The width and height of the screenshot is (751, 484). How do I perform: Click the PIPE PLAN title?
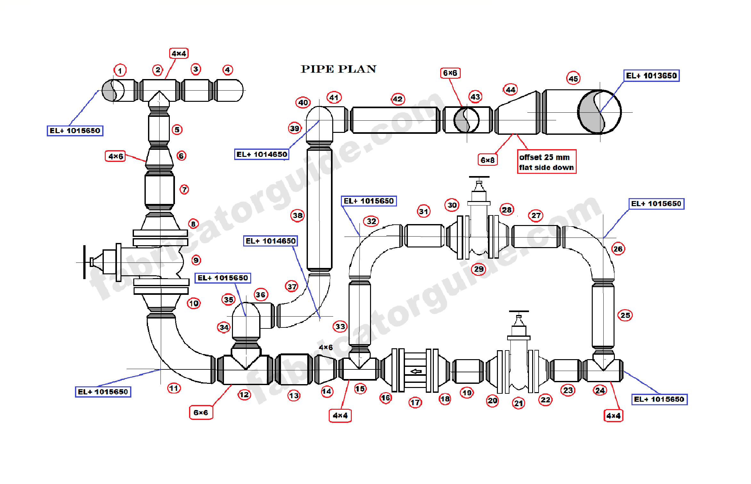tap(338, 69)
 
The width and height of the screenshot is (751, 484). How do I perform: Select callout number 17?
tap(415, 402)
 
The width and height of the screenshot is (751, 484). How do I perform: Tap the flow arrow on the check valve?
tap(416, 371)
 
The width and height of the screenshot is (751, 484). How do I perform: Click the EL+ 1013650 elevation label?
tap(651, 76)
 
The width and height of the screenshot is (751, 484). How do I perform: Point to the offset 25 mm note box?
tap(546, 162)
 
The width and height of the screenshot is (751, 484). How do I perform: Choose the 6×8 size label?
tap(487, 160)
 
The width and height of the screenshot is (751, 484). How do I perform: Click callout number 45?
tap(573, 79)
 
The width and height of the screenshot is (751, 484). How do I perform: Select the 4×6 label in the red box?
tap(115, 157)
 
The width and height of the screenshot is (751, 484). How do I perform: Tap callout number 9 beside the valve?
tap(196, 260)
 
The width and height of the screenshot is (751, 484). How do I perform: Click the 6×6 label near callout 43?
tap(450, 73)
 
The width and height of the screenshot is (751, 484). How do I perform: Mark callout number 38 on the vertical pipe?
tap(297, 215)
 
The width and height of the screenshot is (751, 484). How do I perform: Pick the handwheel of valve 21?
tap(519, 311)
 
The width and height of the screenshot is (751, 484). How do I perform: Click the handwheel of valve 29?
tap(479, 177)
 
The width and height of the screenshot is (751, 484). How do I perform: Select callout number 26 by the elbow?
tap(618, 249)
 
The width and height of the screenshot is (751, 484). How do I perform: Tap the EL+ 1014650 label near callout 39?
tap(261, 155)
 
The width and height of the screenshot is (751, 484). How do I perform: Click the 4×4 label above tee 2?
tap(179, 53)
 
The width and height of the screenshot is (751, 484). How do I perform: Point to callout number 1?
tap(120, 71)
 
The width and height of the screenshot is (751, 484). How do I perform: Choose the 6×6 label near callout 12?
tap(201, 413)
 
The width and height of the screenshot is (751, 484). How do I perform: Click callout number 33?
tap(340, 327)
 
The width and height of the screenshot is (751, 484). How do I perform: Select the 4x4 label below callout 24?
tap(613, 416)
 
